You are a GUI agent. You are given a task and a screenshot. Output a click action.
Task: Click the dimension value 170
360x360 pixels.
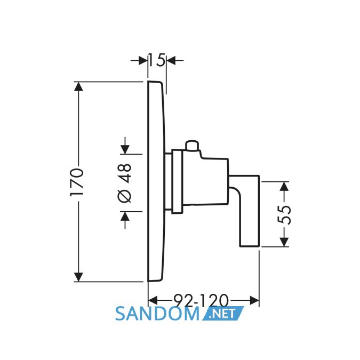click(76, 182)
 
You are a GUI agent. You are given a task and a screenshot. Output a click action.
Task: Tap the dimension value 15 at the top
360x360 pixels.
click(157, 60)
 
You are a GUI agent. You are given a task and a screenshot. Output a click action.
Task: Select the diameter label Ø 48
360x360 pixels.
click(125, 183)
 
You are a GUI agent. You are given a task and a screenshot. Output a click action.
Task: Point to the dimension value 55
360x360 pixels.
click(284, 215)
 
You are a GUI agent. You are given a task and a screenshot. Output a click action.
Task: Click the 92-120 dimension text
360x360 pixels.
click(202, 300)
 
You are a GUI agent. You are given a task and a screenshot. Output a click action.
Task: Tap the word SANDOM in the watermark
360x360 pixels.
click(157, 314)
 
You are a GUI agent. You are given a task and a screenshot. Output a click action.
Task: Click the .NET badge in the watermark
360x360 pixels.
click(223, 313)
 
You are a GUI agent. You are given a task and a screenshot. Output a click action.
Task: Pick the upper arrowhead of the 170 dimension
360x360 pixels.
click(78, 86)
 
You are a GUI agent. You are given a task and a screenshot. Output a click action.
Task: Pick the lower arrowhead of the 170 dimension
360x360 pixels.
click(78, 277)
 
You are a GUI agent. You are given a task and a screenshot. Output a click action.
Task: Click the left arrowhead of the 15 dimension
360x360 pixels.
click(143, 61)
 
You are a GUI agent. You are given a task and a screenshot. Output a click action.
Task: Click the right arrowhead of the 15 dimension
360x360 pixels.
click(171, 61)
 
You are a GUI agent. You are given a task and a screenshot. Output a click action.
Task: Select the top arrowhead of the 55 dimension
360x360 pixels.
click(284, 186)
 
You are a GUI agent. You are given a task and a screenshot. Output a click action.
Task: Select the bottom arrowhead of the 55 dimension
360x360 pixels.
click(284, 242)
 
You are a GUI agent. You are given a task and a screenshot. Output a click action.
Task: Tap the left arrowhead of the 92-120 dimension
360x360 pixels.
click(153, 300)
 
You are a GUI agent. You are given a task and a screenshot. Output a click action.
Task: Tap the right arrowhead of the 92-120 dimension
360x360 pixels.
click(254, 300)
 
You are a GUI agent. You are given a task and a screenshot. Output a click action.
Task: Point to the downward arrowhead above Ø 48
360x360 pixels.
click(125, 150)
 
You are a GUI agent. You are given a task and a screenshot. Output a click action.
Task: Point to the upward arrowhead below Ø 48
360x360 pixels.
click(125, 216)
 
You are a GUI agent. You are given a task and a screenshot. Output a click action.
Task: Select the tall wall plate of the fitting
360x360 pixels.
click(156, 181)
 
